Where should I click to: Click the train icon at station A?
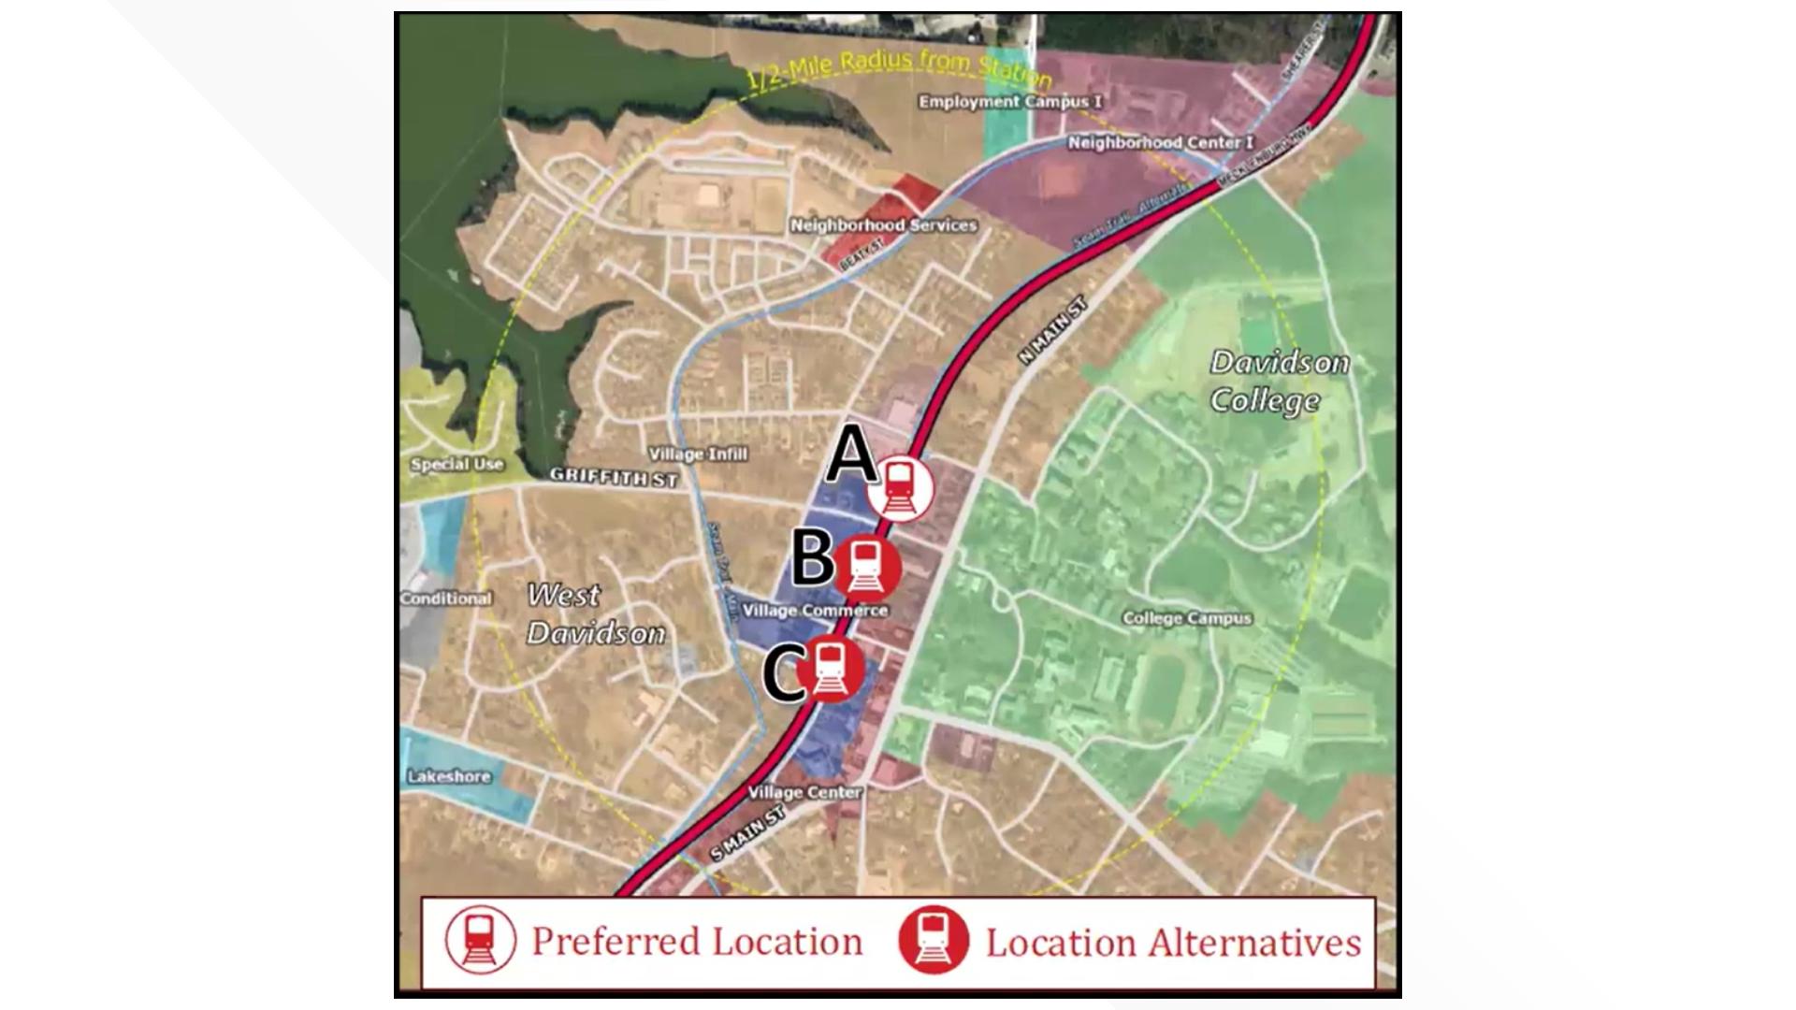(x=900, y=488)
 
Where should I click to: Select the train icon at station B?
(x=867, y=567)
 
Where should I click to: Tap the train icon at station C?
(x=830, y=669)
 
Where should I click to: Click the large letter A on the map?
(x=849, y=455)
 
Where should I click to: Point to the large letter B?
(x=811, y=558)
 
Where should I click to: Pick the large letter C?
(x=783, y=675)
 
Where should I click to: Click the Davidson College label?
(x=1278, y=382)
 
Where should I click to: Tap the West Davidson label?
(x=595, y=613)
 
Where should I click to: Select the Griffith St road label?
(x=613, y=477)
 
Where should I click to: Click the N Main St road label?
(x=1053, y=330)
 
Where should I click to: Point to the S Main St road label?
(x=746, y=834)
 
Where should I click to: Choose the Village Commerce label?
(x=815, y=611)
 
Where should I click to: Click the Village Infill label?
(x=698, y=454)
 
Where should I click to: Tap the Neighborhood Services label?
(x=883, y=225)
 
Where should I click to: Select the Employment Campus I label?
(x=1009, y=102)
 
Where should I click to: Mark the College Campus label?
(x=1186, y=618)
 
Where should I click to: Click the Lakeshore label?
(x=449, y=776)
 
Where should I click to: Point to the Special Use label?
(x=456, y=464)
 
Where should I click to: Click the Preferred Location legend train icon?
(x=480, y=940)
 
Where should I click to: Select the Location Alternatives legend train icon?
(x=933, y=940)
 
